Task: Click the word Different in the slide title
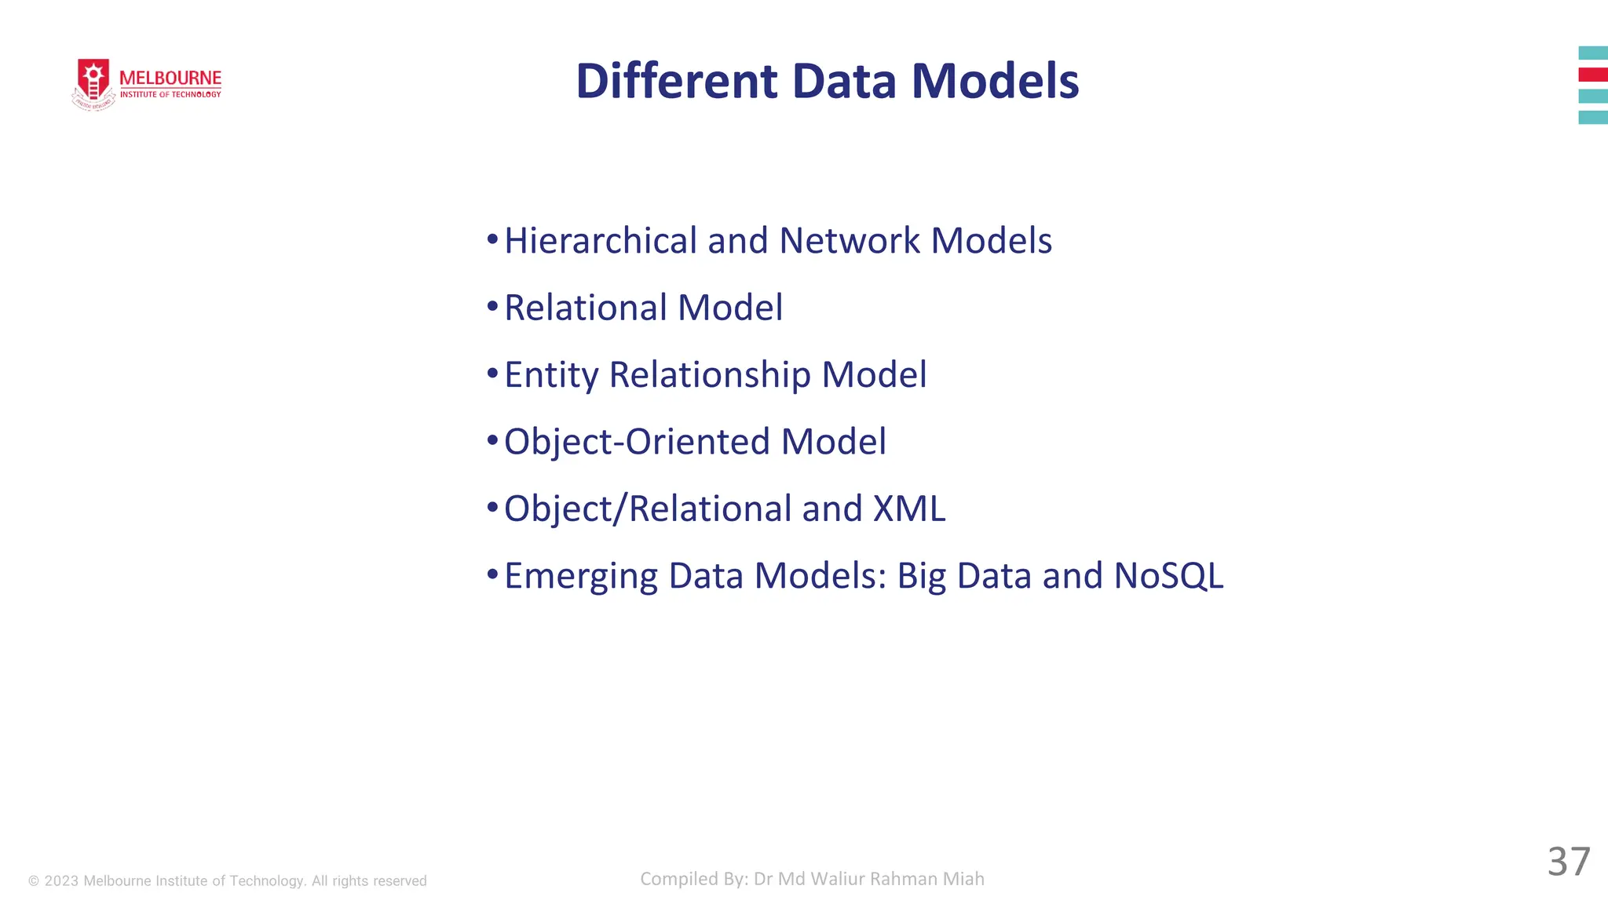pos(676,81)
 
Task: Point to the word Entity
pos(551,375)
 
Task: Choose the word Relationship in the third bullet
pos(710,375)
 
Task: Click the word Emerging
pos(580,576)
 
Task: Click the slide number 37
pos(1568,862)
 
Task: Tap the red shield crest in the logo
pos(93,81)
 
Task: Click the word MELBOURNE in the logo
pos(170,78)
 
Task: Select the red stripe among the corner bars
pos(1592,75)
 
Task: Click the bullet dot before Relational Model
pos(492,306)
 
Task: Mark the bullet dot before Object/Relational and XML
pos(492,507)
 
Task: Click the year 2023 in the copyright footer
pos(61,881)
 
